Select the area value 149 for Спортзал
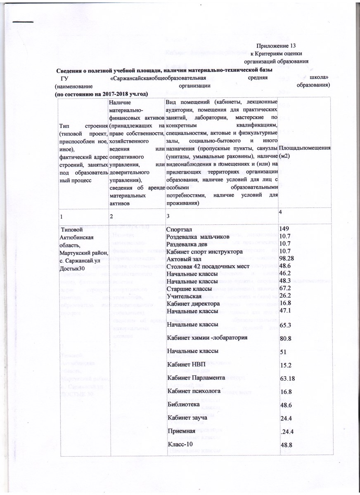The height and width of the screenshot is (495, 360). coord(285,229)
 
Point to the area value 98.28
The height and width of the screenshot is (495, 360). coord(288,259)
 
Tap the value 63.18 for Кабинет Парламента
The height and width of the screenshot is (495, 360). coord(289,378)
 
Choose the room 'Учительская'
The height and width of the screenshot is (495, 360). coord(183,296)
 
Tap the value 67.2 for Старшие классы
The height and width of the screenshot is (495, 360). coord(286,288)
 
